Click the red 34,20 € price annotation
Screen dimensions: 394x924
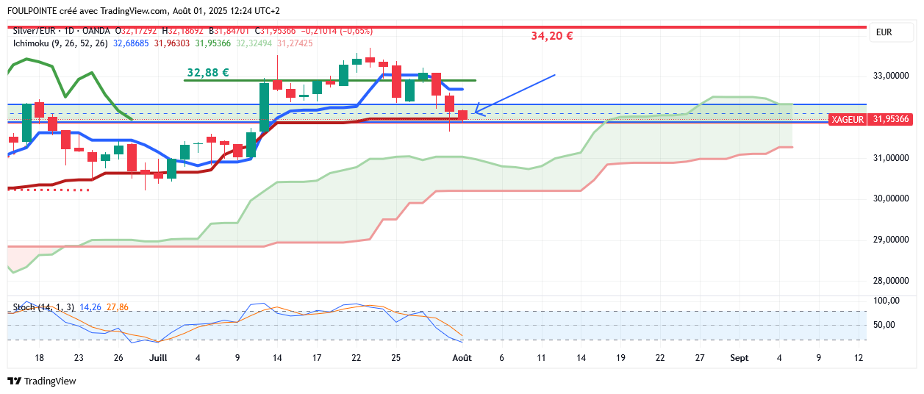coord(551,36)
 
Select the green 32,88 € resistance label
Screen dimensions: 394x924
coord(207,73)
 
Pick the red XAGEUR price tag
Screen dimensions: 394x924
coord(847,119)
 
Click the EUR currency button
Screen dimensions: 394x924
coord(884,32)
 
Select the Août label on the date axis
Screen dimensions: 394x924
coord(462,358)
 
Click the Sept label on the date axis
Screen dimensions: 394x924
coord(739,358)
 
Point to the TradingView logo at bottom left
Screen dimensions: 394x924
coord(42,381)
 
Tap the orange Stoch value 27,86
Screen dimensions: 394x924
coord(118,307)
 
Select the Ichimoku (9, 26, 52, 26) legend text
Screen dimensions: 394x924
coord(60,43)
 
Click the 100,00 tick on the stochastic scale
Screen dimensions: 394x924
coord(887,301)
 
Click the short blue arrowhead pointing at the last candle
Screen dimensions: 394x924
coord(479,112)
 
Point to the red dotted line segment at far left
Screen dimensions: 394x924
coord(48,190)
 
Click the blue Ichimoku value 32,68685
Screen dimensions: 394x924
coord(131,43)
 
